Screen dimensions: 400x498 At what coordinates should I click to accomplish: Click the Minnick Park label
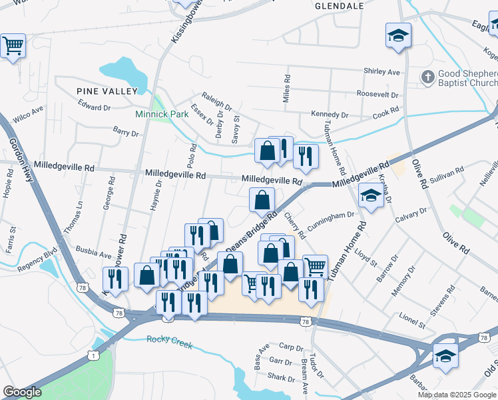[162, 114]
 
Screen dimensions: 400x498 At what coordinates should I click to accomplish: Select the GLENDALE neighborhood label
[338, 5]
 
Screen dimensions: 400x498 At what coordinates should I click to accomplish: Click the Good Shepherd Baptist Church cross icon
[427, 77]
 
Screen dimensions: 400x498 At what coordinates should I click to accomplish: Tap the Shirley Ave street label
[381, 71]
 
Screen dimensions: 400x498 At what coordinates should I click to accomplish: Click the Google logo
[23, 392]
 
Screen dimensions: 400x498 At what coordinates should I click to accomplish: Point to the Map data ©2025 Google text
[457, 395]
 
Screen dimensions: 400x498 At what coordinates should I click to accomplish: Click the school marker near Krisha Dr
[371, 195]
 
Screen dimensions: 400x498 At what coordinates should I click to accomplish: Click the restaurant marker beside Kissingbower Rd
[115, 279]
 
